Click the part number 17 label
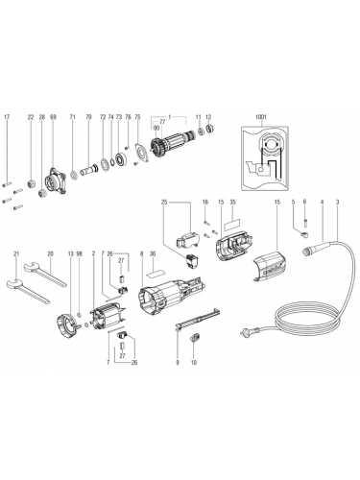pos(8,118)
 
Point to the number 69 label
pos(52,118)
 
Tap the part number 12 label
pos(209,118)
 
